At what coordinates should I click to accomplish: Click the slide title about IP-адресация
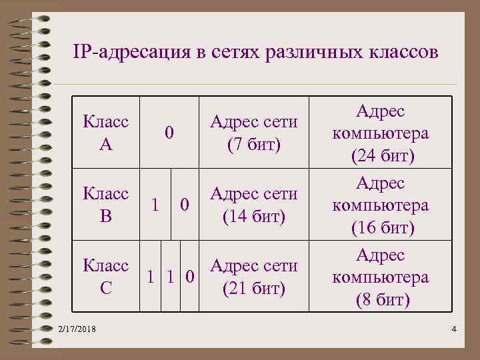255,52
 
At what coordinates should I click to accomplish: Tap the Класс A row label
106,133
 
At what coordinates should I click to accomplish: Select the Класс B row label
106,205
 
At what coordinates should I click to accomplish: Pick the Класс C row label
106,277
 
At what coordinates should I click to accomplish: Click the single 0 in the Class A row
169,133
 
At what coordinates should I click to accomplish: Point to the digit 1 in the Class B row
155,205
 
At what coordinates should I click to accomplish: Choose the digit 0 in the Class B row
186,205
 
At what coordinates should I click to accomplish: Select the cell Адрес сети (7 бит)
253,133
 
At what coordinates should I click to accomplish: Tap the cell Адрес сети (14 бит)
253,205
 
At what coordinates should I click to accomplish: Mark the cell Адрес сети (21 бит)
253,277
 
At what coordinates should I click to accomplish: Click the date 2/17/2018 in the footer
77,329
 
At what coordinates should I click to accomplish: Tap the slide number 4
453,329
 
